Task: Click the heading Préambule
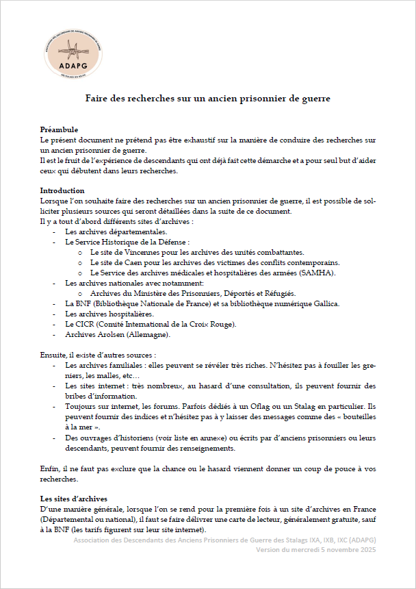coord(59,129)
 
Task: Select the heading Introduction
coord(62,190)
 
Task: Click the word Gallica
coord(323,303)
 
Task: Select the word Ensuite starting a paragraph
coord(53,355)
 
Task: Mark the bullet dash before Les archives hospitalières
coord(54,314)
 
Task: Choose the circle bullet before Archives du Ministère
coord(81,293)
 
